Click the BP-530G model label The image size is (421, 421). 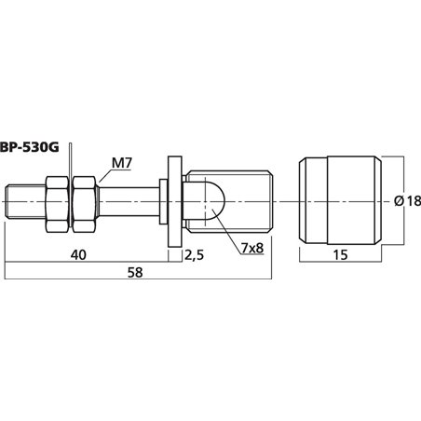pyautogui.click(x=29, y=147)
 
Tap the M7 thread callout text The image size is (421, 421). pyautogui.click(x=122, y=163)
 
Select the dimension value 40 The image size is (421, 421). pyautogui.click(x=78, y=255)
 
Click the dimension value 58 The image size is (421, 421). pyautogui.click(x=135, y=272)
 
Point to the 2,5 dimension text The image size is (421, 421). pyautogui.click(x=195, y=255)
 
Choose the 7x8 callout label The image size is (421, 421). pyautogui.click(x=252, y=248)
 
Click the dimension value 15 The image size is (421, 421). pyautogui.click(x=340, y=255)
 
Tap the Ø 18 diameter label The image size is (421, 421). pyautogui.click(x=408, y=201)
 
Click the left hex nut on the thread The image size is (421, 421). pyautogui.click(x=57, y=204)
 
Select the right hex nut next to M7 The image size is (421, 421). pyautogui.click(x=85, y=204)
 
